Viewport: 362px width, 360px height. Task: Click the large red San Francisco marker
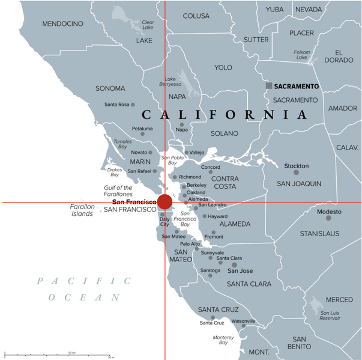[164, 202]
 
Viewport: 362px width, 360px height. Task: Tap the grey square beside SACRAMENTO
[270, 86]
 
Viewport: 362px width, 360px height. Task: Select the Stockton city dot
[296, 172]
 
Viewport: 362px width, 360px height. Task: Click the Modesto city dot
[328, 218]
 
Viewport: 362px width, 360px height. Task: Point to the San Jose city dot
[234, 264]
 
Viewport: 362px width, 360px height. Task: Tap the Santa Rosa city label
[116, 105]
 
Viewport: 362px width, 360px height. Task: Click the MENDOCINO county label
[62, 24]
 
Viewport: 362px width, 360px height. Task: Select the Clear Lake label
[148, 25]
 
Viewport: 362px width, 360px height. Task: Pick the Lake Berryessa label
[170, 82]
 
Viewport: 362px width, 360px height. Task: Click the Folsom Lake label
[302, 55]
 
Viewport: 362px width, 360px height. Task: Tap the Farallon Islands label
[83, 210]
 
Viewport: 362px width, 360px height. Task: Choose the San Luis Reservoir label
[334, 316]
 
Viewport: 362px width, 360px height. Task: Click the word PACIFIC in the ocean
[83, 281]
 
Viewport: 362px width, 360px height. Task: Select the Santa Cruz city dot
[213, 317]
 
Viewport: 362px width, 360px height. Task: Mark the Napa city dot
[181, 124]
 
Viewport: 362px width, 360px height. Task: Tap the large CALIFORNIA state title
[224, 114]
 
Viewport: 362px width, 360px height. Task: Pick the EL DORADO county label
[339, 56]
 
